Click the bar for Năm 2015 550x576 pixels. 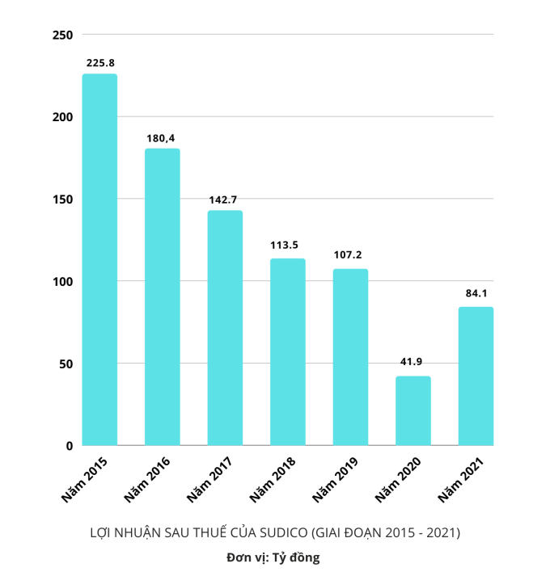pos(99,259)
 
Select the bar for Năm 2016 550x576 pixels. pos(162,296)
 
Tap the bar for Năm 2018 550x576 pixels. pos(288,351)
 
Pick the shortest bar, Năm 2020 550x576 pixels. pos(413,410)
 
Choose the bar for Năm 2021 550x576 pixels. pos(476,376)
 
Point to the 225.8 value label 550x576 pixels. pos(99,62)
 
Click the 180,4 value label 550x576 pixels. pos(162,137)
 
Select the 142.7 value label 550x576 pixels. pos(225,199)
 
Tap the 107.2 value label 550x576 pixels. pos(350,256)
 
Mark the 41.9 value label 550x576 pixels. pos(413,363)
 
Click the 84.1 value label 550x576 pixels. pos(476,293)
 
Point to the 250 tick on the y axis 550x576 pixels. pos(62,35)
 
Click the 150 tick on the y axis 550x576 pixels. pos(62,200)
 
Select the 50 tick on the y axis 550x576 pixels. pos(66,364)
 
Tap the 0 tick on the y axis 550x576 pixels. pos(70,446)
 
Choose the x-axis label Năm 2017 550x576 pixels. pos(211,478)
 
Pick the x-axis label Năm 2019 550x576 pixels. pos(336,478)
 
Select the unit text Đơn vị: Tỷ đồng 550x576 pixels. pos(273,557)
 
